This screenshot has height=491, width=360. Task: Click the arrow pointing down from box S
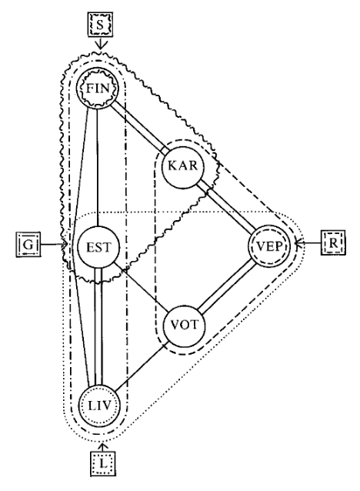(x=100, y=43)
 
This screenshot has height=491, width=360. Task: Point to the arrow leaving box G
(x=54, y=244)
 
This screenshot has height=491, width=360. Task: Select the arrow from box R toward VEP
(x=308, y=242)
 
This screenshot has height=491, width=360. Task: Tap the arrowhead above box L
(x=102, y=446)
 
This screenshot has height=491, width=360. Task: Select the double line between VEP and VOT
(x=228, y=287)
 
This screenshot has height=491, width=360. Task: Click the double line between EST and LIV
(x=98, y=326)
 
